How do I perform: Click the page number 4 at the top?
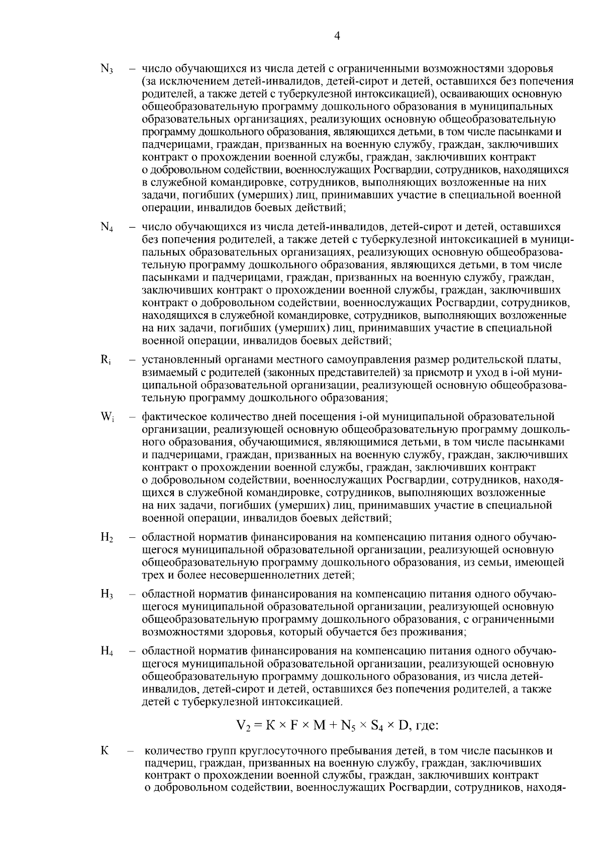point(337,36)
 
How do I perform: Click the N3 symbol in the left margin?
point(107,69)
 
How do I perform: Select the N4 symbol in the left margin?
point(107,227)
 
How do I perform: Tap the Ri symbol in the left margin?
point(106,360)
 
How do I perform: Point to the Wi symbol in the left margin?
point(107,417)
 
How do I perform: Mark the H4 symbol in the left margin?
point(107,652)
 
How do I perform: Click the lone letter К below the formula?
point(105,751)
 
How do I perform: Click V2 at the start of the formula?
point(243,726)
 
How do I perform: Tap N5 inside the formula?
point(347,726)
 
